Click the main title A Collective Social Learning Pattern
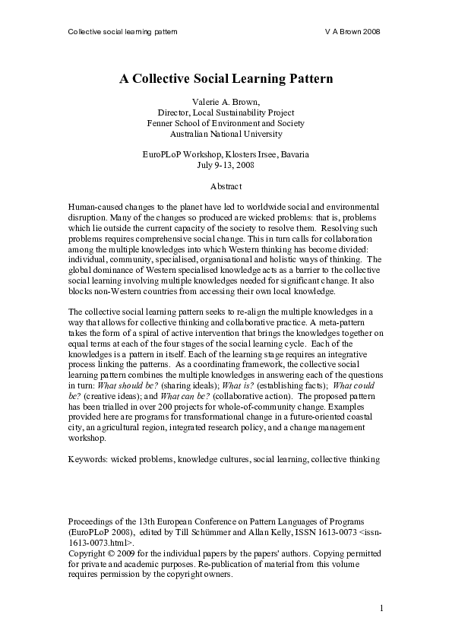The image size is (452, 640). (x=226, y=78)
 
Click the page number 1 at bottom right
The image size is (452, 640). (x=382, y=608)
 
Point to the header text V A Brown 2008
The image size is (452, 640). (x=352, y=32)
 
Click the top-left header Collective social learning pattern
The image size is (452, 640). (x=122, y=32)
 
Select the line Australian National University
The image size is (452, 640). (x=226, y=134)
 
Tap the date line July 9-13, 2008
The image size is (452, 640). (x=226, y=165)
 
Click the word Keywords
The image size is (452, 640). (x=88, y=459)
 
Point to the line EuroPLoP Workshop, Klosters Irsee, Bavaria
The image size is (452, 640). (x=226, y=154)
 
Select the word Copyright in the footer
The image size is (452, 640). (x=89, y=554)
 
